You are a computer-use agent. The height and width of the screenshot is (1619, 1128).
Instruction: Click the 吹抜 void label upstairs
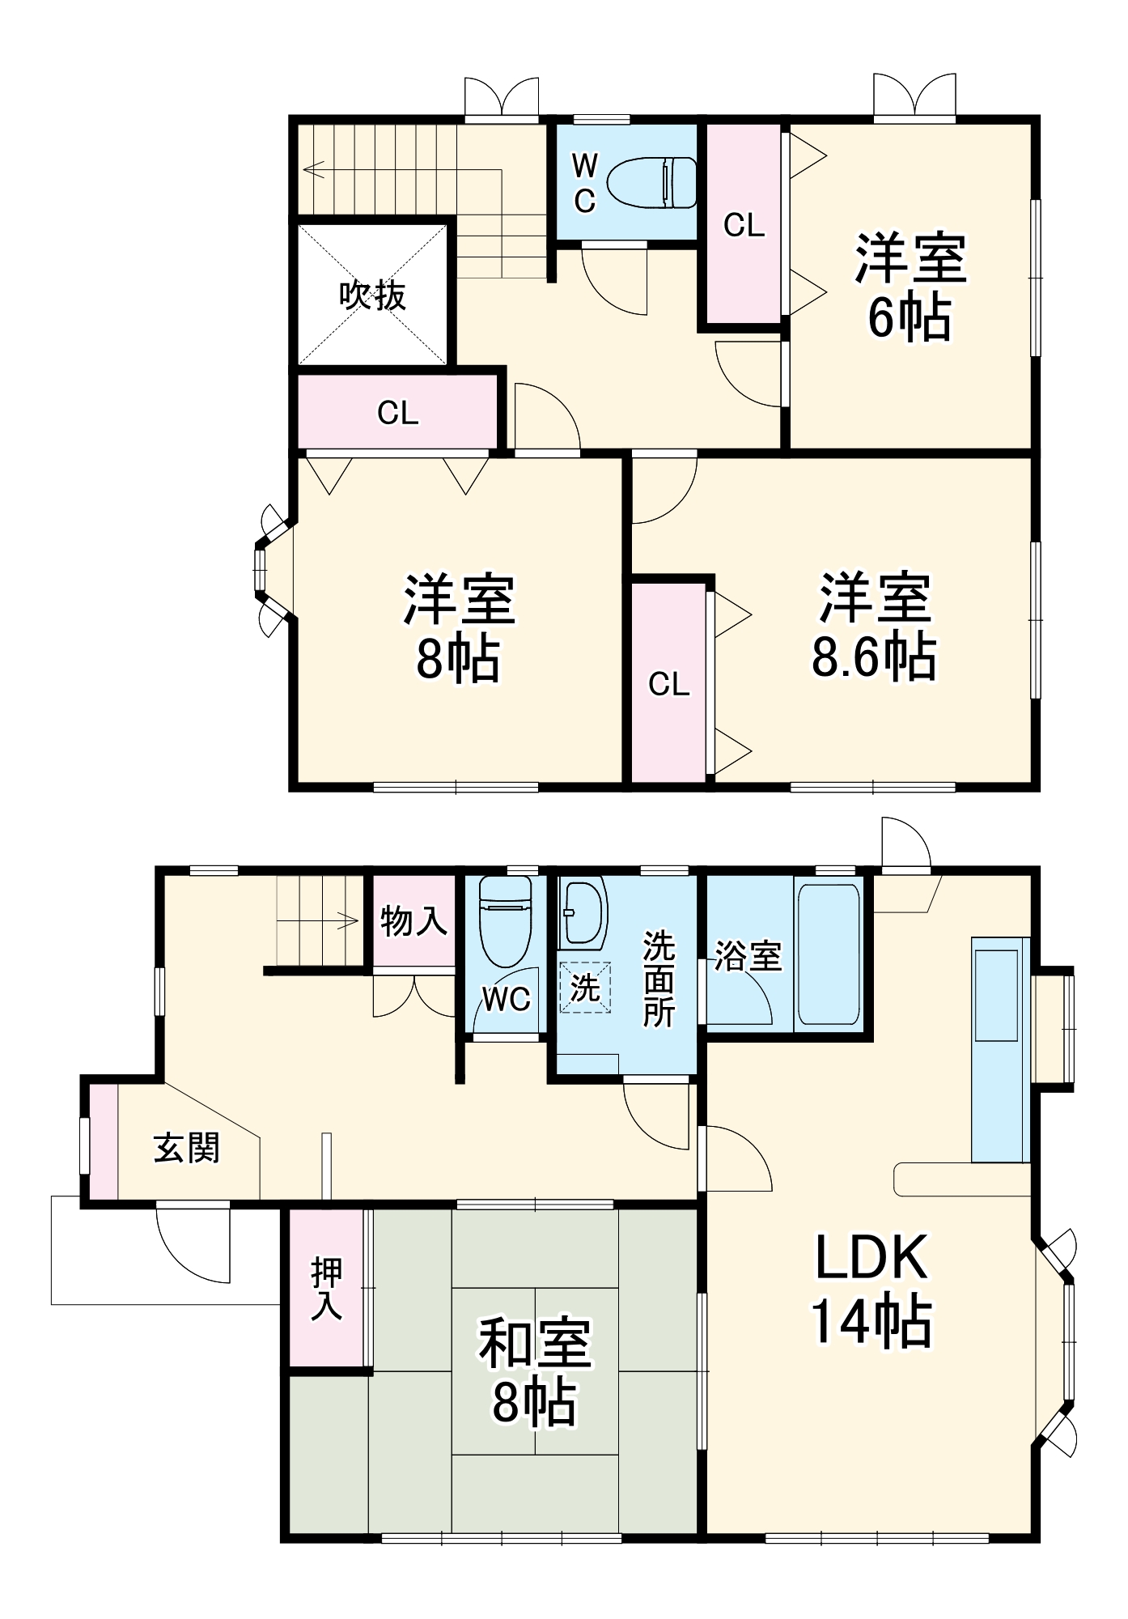[372, 296]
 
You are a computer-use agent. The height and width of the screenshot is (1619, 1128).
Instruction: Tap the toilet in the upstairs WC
[653, 182]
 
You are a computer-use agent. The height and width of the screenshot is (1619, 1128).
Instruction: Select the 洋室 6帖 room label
[910, 287]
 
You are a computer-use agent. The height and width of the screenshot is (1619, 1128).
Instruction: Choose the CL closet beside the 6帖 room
[744, 225]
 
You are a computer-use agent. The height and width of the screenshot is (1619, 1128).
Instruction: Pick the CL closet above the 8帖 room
[397, 413]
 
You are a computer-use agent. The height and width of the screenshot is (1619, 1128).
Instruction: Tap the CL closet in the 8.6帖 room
[668, 685]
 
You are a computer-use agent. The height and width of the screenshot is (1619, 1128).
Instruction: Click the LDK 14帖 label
[871, 1290]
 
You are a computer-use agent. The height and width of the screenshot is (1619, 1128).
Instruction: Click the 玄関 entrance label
[187, 1147]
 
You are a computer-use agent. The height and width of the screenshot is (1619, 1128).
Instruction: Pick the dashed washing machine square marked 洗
[584, 988]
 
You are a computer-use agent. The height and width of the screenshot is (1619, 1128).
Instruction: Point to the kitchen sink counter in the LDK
[1000, 1049]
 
